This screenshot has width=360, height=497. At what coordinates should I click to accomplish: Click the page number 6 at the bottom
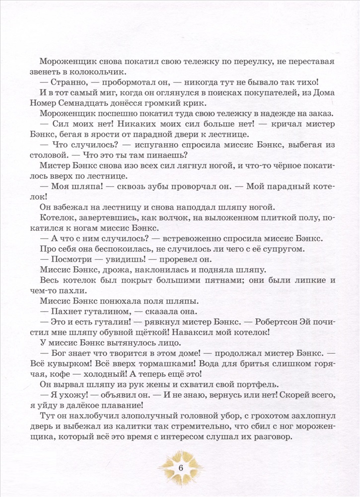[x=180, y=469]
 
